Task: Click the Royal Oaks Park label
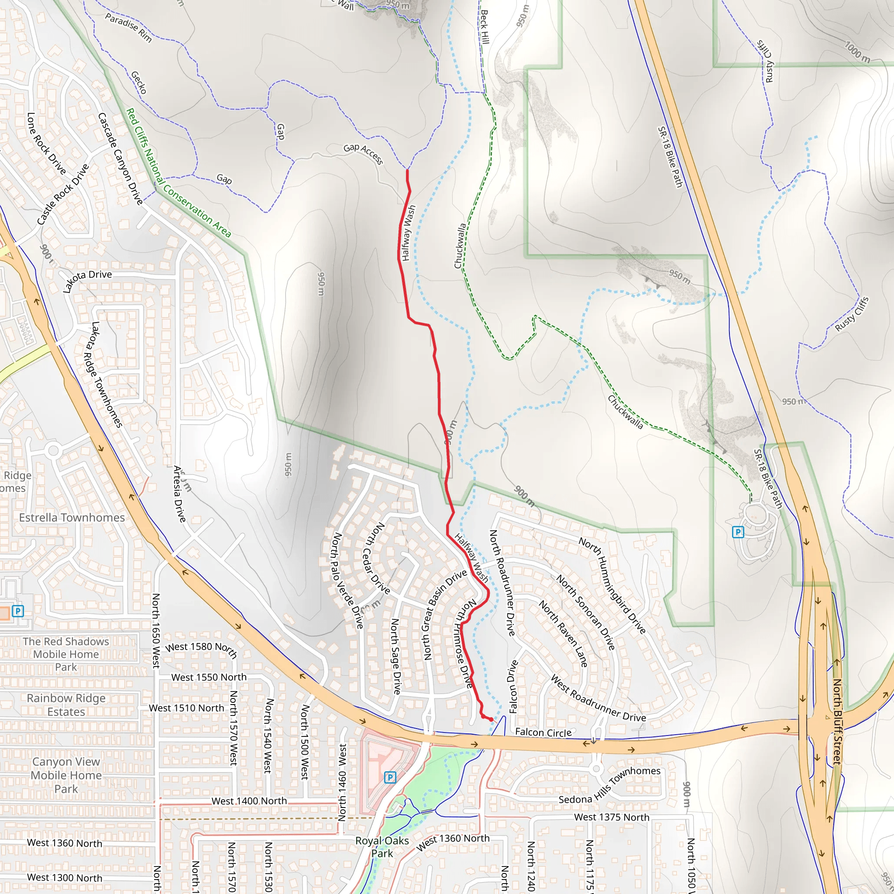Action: [382, 847]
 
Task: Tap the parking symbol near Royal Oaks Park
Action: [390, 777]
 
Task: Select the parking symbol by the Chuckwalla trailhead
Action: [738, 532]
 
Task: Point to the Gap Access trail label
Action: [363, 154]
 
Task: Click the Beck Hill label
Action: [484, 27]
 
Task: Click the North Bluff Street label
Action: [837, 722]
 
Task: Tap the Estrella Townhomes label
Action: [72, 517]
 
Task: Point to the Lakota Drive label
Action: [87, 280]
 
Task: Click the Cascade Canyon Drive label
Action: [120, 159]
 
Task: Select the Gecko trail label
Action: [139, 83]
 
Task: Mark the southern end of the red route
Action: [491, 719]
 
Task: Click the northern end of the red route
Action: [407, 170]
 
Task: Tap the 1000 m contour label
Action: [857, 52]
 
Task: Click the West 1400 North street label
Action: [249, 801]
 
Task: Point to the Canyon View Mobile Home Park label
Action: [66, 775]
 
